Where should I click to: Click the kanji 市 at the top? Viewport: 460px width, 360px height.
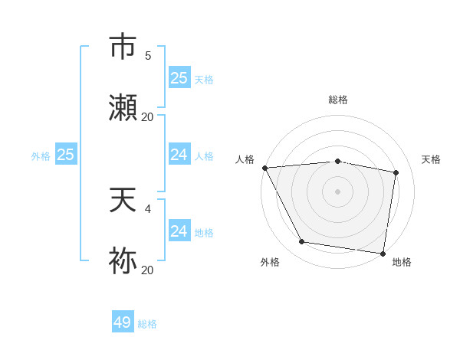point(123,47)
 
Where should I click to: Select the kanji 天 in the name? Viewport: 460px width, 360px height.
point(123,200)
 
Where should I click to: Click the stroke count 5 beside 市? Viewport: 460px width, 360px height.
point(147,55)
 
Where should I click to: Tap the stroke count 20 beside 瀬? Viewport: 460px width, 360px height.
point(147,117)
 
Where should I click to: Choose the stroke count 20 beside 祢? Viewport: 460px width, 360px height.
point(147,270)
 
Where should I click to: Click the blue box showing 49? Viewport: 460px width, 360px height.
point(123,322)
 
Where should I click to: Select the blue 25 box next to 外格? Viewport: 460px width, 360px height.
point(66,155)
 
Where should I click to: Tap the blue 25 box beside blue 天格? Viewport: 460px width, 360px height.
point(179,78)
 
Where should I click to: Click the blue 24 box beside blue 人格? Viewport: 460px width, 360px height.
point(179,155)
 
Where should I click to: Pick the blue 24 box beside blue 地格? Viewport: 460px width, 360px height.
point(179,231)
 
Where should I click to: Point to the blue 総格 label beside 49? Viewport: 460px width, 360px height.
point(147,324)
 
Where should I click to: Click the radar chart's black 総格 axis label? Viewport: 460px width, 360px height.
point(338,100)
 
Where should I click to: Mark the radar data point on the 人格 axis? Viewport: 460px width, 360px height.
point(264,168)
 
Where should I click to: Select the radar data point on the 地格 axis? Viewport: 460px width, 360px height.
point(383,253)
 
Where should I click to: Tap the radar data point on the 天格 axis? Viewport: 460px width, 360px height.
point(396,172)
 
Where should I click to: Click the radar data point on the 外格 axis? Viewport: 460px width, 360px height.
point(302,242)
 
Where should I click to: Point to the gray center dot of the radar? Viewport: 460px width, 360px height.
point(338,191)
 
